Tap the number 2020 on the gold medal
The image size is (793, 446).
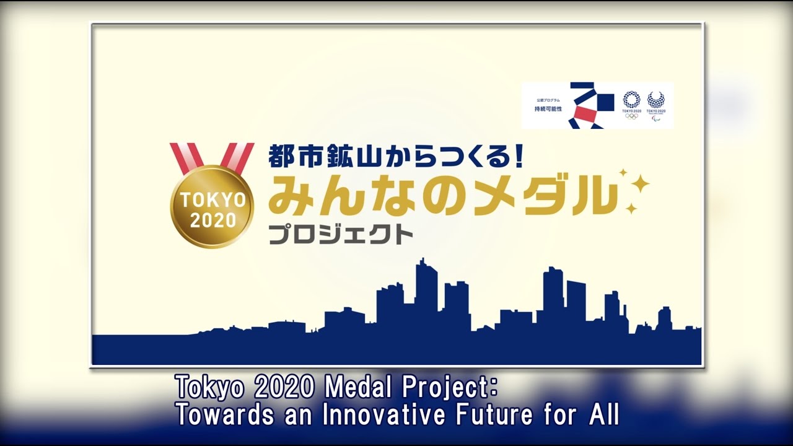pos(212,220)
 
